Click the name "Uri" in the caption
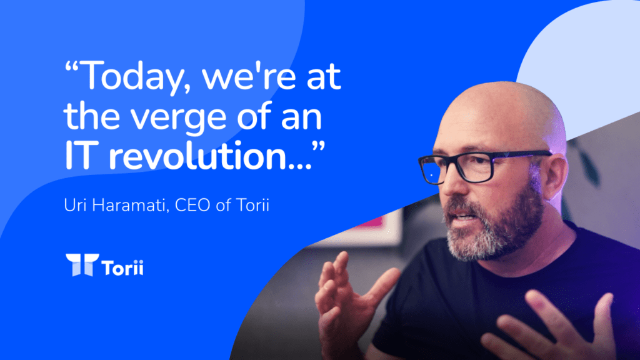point(74,205)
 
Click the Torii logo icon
point(82,264)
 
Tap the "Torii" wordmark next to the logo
point(122,267)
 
